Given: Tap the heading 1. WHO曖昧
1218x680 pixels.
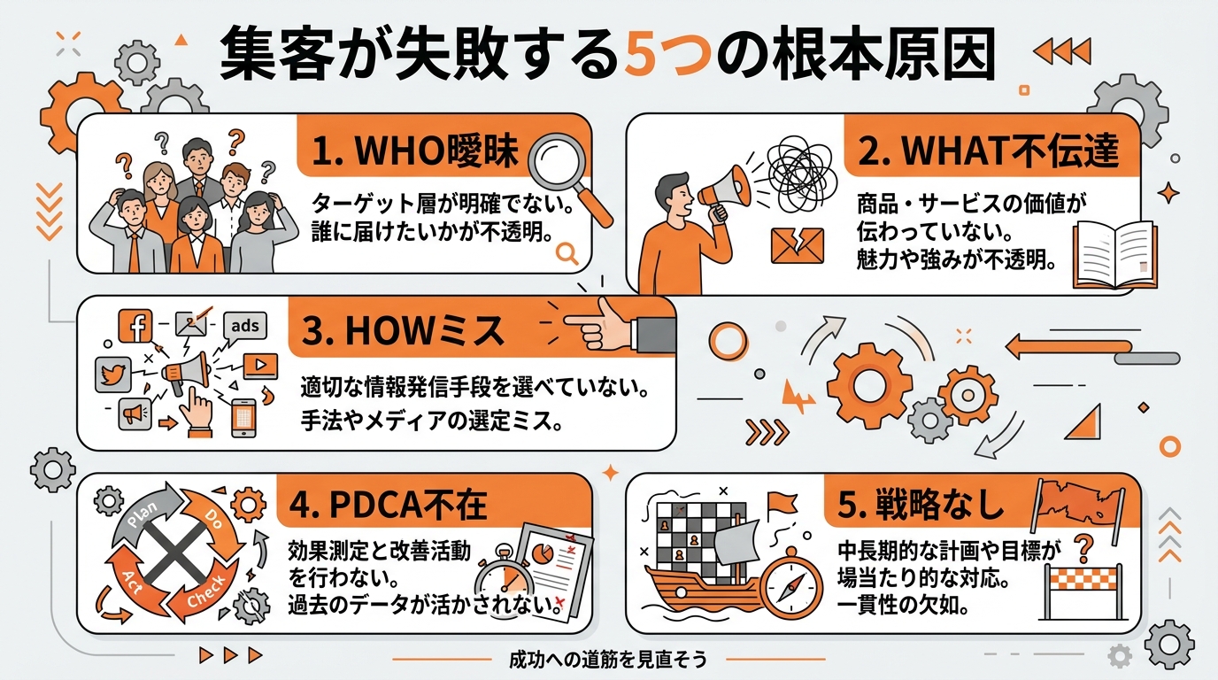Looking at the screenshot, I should pyautogui.click(x=415, y=152).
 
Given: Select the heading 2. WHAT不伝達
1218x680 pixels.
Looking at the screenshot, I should pyautogui.click(x=988, y=151).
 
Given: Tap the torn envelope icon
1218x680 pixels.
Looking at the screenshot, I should pyautogui.click(x=797, y=245).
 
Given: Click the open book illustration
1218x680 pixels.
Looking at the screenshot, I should pyautogui.click(x=1114, y=256).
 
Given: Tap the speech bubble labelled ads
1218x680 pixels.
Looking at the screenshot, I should pyautogui.click(x=244, y=326).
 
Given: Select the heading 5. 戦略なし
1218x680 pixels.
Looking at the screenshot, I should pyautogui.click(x=920, y=505).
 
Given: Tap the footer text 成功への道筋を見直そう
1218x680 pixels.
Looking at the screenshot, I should pyautogui.click(x=607, y=660).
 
